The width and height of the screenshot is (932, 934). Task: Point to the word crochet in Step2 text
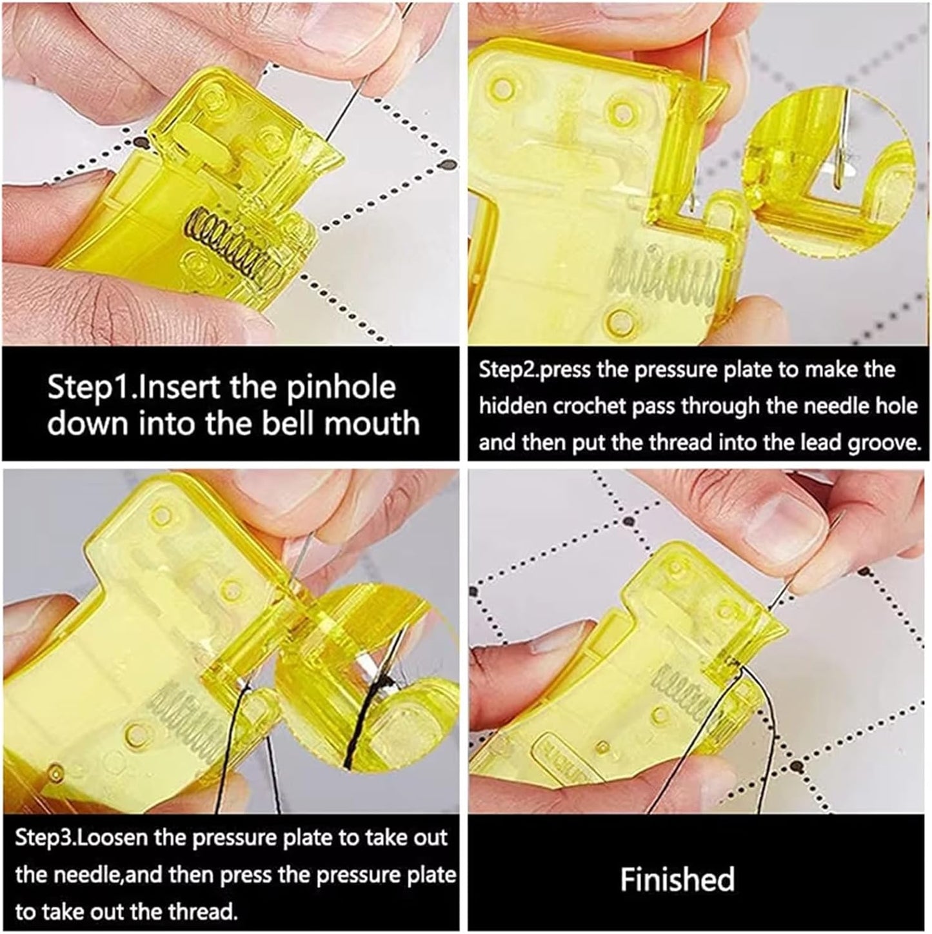tap(604, 406)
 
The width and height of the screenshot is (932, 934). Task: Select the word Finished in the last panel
tap(677, 879)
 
